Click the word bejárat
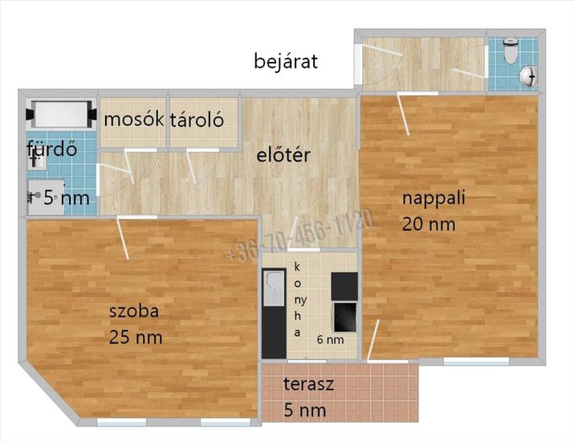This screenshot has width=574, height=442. [286, 61]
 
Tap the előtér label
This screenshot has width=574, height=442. [283, 154]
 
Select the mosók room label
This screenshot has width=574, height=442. [133, 119]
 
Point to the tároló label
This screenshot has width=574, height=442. [197, 120]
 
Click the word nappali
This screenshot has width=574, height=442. [434, 199]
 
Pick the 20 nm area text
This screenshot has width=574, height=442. [429, 224]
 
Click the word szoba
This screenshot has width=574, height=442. [134, 311]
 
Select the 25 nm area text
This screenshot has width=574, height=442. [136, 338]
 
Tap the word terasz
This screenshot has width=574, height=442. [308, 383]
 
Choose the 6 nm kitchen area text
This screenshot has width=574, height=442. [330, 340]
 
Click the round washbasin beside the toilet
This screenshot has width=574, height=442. [528, 76]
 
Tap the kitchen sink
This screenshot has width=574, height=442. [274, 288]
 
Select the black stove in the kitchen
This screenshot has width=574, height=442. [344, 317]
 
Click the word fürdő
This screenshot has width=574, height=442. [51, 149]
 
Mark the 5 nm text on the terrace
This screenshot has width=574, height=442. [305, 410]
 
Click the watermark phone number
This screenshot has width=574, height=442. [300, 234]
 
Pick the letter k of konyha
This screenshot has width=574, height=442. [297, 267]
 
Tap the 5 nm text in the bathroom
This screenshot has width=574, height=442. [67, 198]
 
